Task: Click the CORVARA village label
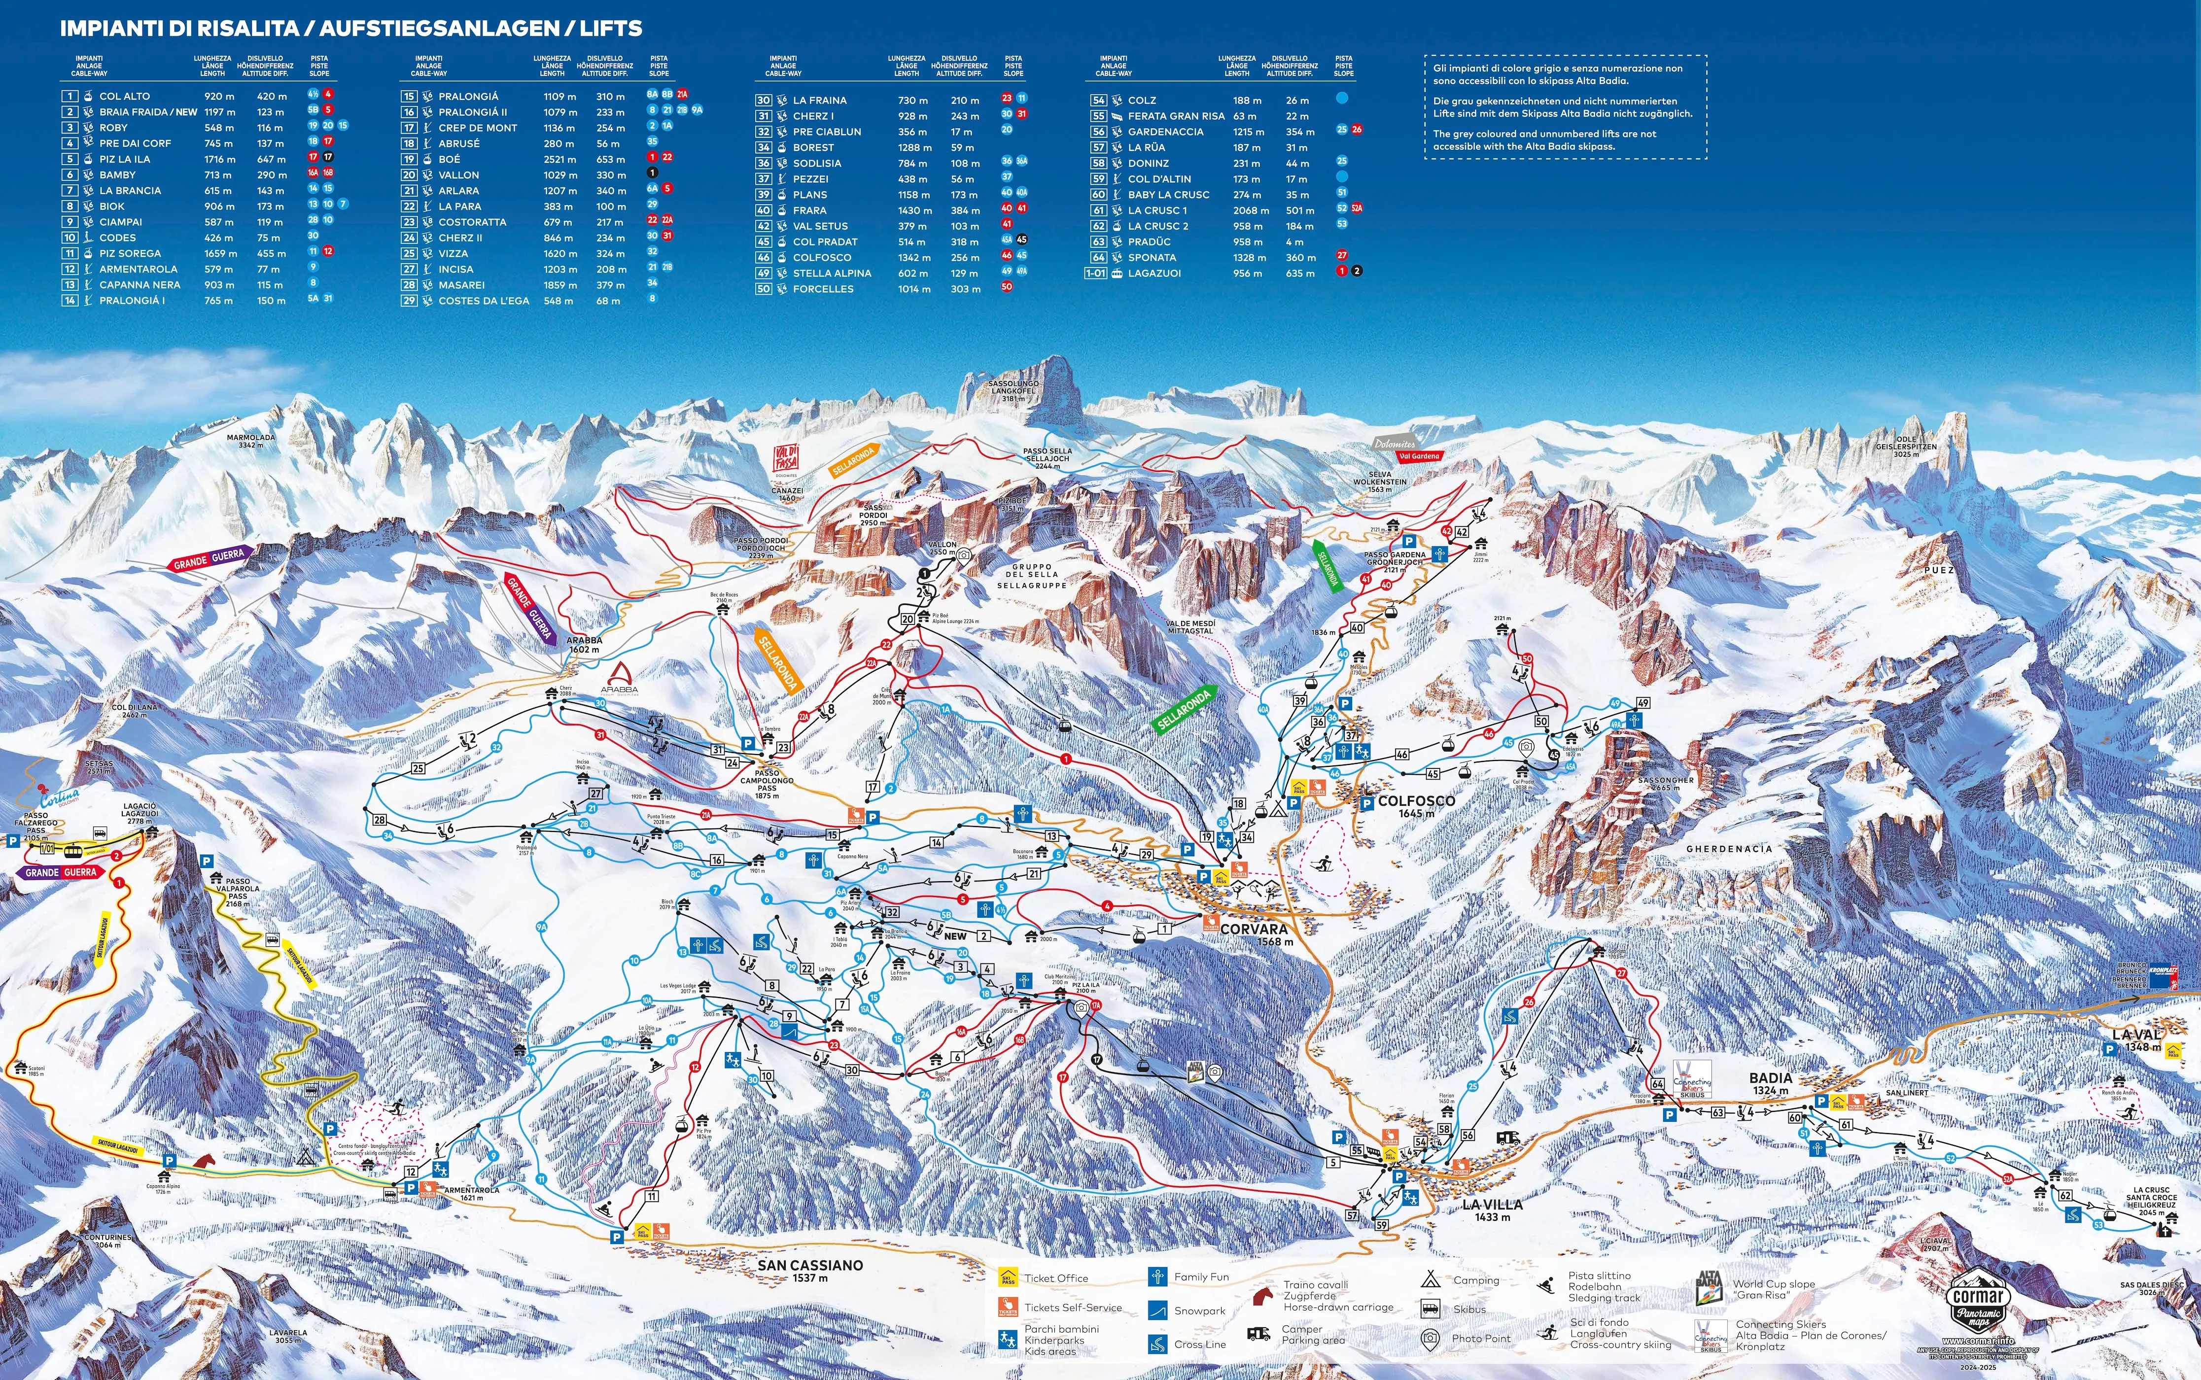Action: pyautogui.click(x=1254, y=929)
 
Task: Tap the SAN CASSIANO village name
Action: pyautogui.click(x=810, y=1265)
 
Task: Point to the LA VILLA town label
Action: pyautogui.click(x=1492, y=1205)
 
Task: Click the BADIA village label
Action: pyautogui.click(x=1770, y=1078)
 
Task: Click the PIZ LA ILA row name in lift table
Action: pyautogui.click(x=125, y=159)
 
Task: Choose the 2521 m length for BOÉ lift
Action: pyautogui.click(x=559, y=159)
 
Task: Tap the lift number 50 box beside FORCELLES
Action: pyautogui.click(x=763, y=288)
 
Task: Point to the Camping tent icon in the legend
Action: pyautogui.click(x=1431, y=1279)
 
